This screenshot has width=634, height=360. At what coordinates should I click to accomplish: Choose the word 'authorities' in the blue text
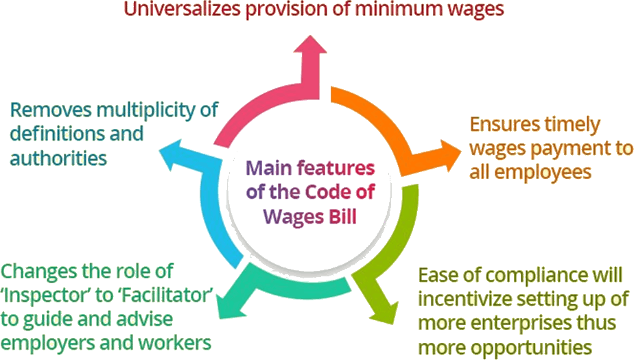tap(58, 158)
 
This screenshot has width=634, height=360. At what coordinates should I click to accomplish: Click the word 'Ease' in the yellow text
tap(437, 277)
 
